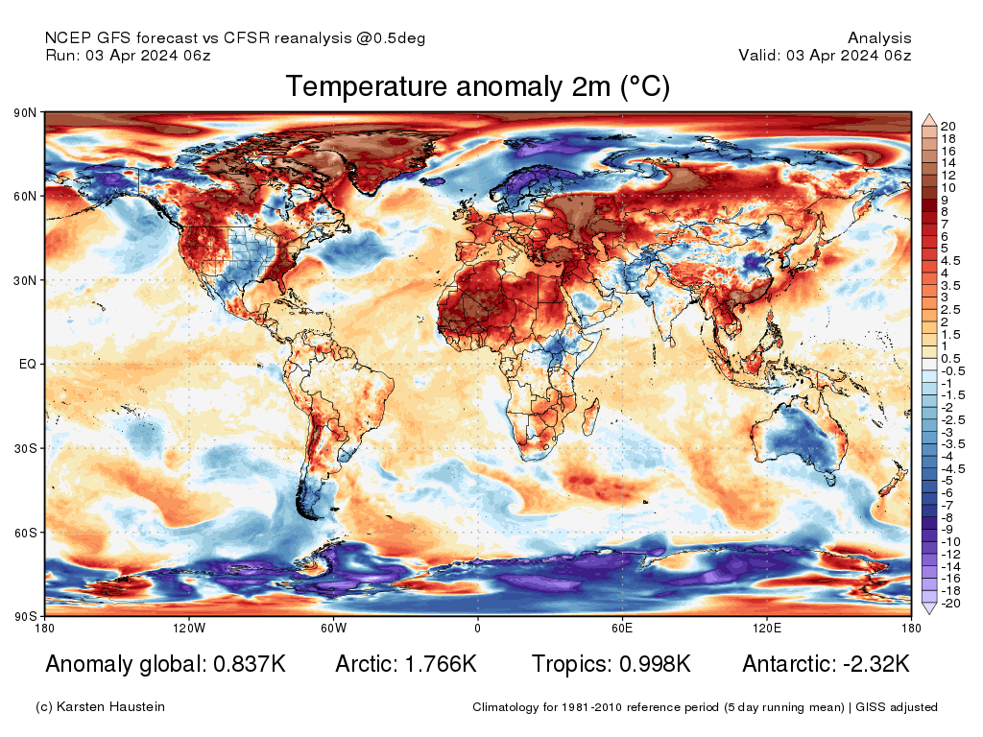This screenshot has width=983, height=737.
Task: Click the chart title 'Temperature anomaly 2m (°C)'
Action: [477, 87]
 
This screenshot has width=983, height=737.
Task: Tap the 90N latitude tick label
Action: [26, 112]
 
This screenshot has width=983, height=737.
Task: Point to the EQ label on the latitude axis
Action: [28, 364]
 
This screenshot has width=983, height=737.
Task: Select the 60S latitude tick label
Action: [26, 532]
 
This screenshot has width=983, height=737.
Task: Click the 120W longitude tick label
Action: [189, 629]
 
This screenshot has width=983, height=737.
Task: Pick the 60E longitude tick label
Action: [621, 629]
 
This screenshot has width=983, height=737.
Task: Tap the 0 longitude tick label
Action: [477, 629]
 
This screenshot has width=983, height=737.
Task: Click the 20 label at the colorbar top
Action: [947, 126]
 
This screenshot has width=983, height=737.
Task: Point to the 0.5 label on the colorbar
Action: [949, 358]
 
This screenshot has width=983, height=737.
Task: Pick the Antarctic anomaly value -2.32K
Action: [870, 664]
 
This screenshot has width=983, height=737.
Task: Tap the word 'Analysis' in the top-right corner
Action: [879, 38]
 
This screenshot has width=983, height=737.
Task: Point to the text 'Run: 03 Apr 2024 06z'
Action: [128, 56]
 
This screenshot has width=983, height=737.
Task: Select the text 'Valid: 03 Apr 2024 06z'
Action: [825, 56]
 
